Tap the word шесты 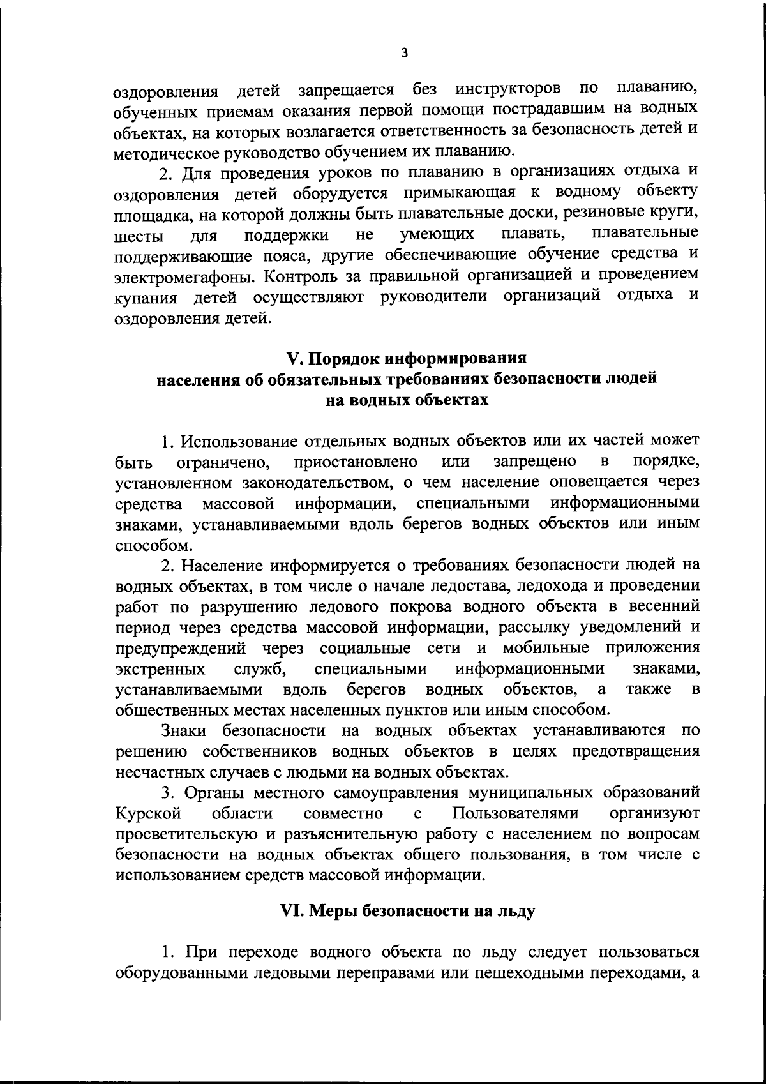pos(139,236)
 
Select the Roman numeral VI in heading pos(292,912)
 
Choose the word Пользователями pos(515,814)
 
